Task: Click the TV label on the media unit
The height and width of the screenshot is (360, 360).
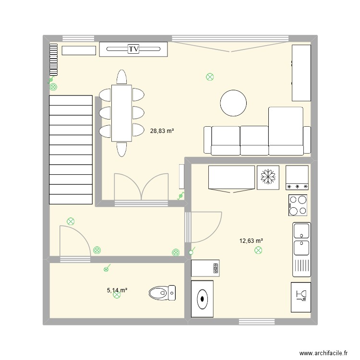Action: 133,48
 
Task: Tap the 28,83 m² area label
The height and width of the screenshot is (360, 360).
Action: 162,130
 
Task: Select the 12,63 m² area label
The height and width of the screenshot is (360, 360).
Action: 251,241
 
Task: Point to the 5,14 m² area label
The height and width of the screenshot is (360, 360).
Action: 117,290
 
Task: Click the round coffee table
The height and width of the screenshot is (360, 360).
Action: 233,103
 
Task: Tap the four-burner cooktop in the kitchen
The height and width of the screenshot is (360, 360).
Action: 298,205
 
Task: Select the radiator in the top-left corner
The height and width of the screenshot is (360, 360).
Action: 53,60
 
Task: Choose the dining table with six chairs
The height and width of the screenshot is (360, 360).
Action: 121,113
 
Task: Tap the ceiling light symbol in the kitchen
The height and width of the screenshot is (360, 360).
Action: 259,250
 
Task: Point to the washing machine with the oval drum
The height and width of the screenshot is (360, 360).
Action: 203,299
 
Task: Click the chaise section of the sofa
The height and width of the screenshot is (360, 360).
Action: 286,131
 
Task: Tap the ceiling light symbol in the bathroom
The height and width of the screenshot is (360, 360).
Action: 117,296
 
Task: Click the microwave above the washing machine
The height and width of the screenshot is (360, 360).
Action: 206,268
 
